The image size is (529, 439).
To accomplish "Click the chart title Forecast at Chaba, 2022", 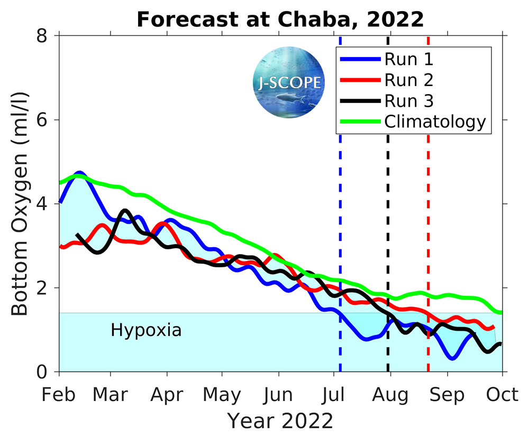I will [x=280, y=20].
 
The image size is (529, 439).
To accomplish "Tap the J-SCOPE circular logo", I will [x=288, y=82].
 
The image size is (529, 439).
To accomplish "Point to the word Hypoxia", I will [x=146, y=331].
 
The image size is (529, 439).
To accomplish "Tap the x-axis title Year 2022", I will [x=280, y=421].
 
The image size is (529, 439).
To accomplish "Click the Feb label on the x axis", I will [x=59, y=395].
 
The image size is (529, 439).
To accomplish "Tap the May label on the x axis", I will [x=222, y=395].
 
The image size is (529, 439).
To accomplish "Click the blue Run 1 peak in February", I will [x=79, y=173].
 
